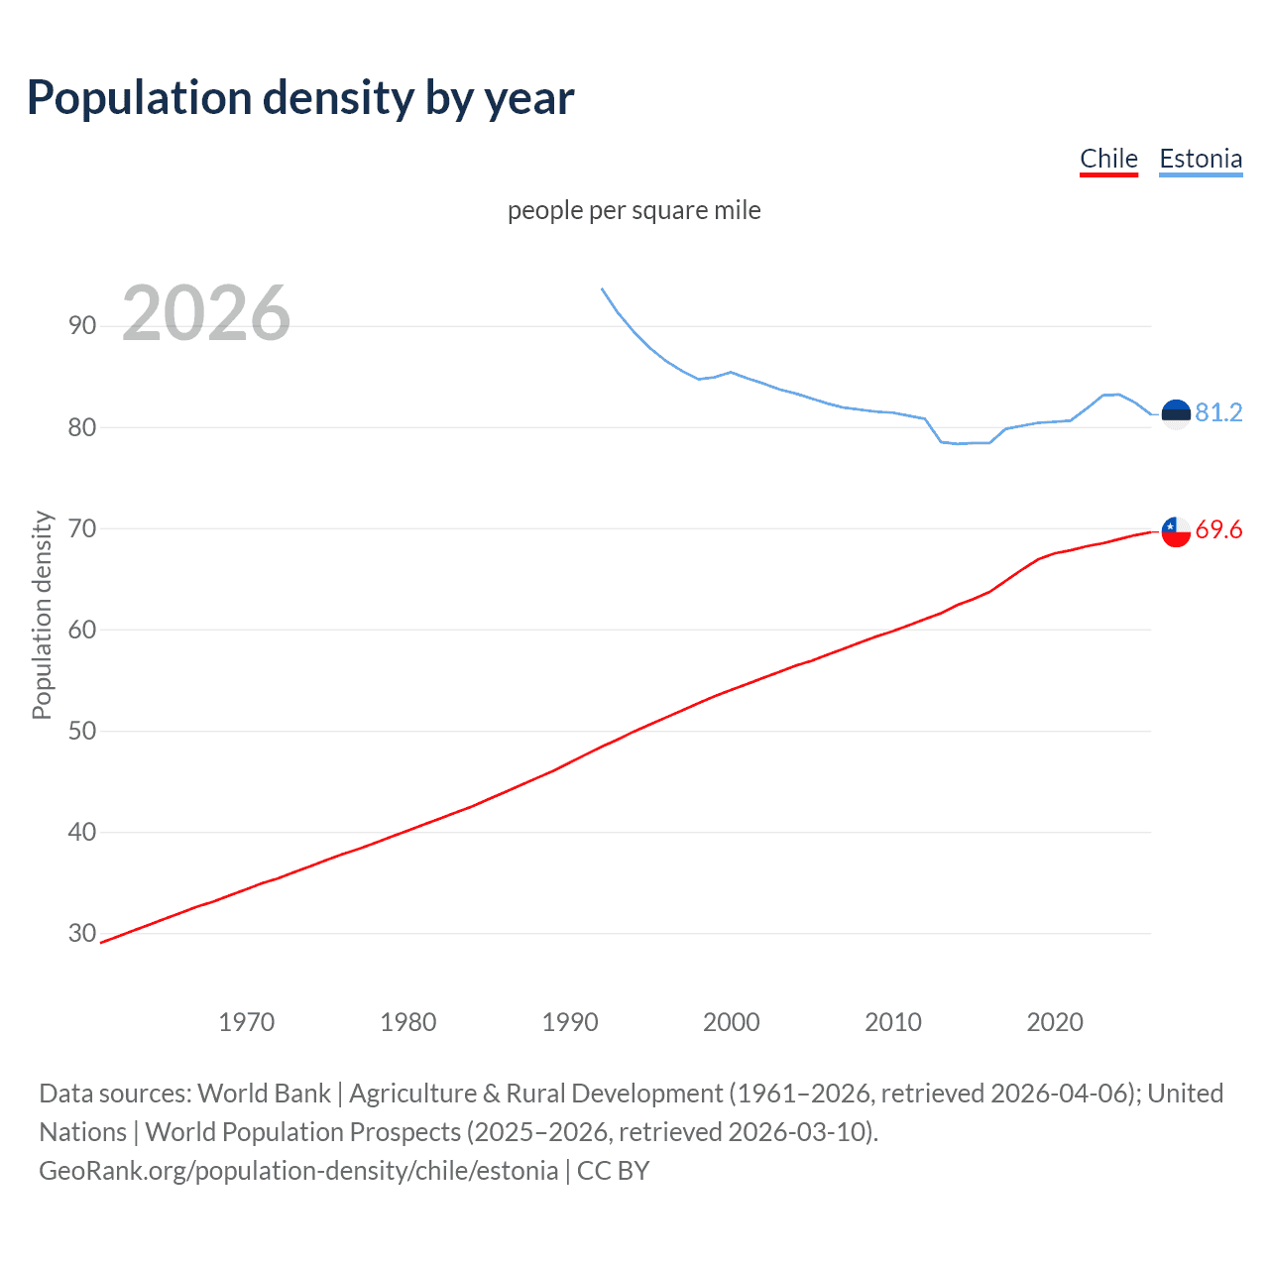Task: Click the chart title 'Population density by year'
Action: click(x=300, y=98)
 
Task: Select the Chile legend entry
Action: click(x=1108, y=159)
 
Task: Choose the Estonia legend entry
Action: click(x=1200, y=159)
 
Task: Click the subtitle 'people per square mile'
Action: click(x=634, y=210)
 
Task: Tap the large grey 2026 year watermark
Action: click(x=206, y=313)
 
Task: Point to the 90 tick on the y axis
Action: click(x=82, y=326)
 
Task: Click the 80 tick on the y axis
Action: click(x=82, y=427)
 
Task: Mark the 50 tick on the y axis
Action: click(x=82, y=731)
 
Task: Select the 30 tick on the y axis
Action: click(x=82, y=933)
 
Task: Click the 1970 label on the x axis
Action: click(x=246, y=1022)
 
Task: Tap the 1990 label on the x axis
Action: click(x=570, y=1022)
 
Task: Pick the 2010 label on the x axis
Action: click(x=893, y=1022)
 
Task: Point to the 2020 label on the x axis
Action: click(x=1055, y=1022)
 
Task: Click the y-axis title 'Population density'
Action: click(x=42, y=615)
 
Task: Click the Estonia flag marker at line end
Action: click(x=1176, y=413)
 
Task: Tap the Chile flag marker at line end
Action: click(x=1176, y=531)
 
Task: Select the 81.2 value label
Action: click(x=1218, y=412)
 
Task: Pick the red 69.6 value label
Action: click(x=1218, y=529)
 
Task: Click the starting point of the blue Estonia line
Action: click(x=602, y=288)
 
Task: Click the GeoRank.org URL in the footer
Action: click(x=298, y=1171)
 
